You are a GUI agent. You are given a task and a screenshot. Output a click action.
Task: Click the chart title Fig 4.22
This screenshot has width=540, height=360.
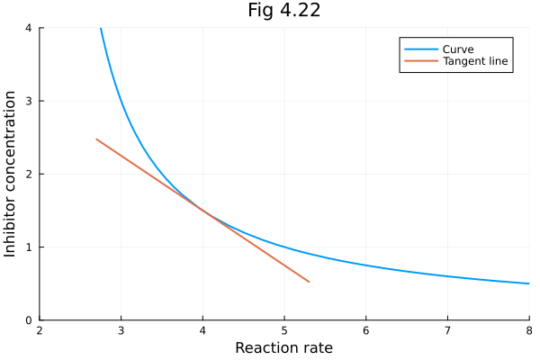point(284,11)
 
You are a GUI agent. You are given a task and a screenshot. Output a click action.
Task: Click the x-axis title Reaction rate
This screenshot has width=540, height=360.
point(284,347)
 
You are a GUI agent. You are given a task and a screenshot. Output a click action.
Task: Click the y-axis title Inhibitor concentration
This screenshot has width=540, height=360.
point(11,173)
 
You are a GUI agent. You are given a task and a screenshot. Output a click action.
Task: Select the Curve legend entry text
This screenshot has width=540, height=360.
point(458,49)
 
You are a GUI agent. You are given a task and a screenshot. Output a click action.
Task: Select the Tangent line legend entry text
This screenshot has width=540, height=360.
point(476,62)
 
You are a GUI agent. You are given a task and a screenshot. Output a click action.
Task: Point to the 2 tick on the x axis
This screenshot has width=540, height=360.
point(40,330)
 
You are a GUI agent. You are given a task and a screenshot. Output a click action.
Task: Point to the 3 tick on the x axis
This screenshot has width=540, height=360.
point(121,330)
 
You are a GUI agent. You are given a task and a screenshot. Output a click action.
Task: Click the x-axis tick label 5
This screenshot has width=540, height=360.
point(284,330)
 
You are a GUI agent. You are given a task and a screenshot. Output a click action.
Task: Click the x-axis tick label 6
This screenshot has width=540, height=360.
point(365,330)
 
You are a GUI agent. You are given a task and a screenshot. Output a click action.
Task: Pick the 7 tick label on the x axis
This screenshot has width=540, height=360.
point(447,330)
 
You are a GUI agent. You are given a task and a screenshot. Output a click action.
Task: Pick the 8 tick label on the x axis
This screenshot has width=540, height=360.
point(528,330)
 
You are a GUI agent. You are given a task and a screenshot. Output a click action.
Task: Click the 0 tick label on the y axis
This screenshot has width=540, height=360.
point(29,319)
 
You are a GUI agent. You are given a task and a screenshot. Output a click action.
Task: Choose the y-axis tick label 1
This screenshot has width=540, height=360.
point(29,247)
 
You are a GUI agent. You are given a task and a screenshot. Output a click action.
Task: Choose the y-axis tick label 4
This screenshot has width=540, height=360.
point(29,28)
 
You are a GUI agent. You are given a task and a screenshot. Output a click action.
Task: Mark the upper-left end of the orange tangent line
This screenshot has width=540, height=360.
point(96,139)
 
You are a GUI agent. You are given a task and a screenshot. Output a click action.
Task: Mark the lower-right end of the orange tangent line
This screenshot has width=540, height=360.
point(309,282)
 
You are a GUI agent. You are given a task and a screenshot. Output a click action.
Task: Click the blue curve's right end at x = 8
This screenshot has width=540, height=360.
point(529,283)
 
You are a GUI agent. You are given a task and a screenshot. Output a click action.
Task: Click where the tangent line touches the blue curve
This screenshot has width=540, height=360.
point(202,211)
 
